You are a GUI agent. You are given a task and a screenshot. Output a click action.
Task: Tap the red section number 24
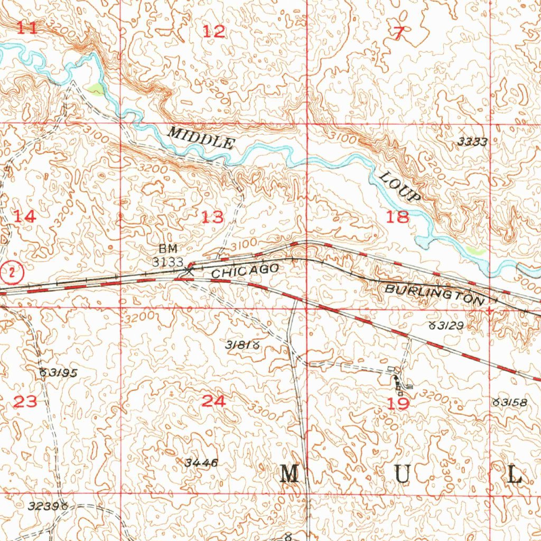[x=213, y=402]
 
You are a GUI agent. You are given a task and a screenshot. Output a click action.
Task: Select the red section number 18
[x=397, y=217]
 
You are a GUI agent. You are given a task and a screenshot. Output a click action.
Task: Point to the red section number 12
[x=214, y=32]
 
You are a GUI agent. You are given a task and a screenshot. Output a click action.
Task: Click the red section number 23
[x=25, y=402]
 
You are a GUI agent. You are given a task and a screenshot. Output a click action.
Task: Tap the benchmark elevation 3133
[x=168, y=262]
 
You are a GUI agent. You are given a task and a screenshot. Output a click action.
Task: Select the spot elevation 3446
[x=201, y=463]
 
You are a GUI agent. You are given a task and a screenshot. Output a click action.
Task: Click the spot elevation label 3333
[x=472, y=142]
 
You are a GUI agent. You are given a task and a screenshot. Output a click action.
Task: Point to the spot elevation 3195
[x=59, y=373]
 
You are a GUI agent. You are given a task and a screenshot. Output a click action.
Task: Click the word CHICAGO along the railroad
[x=245, y=271]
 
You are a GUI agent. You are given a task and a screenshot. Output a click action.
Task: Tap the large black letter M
[x=290, y=474]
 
